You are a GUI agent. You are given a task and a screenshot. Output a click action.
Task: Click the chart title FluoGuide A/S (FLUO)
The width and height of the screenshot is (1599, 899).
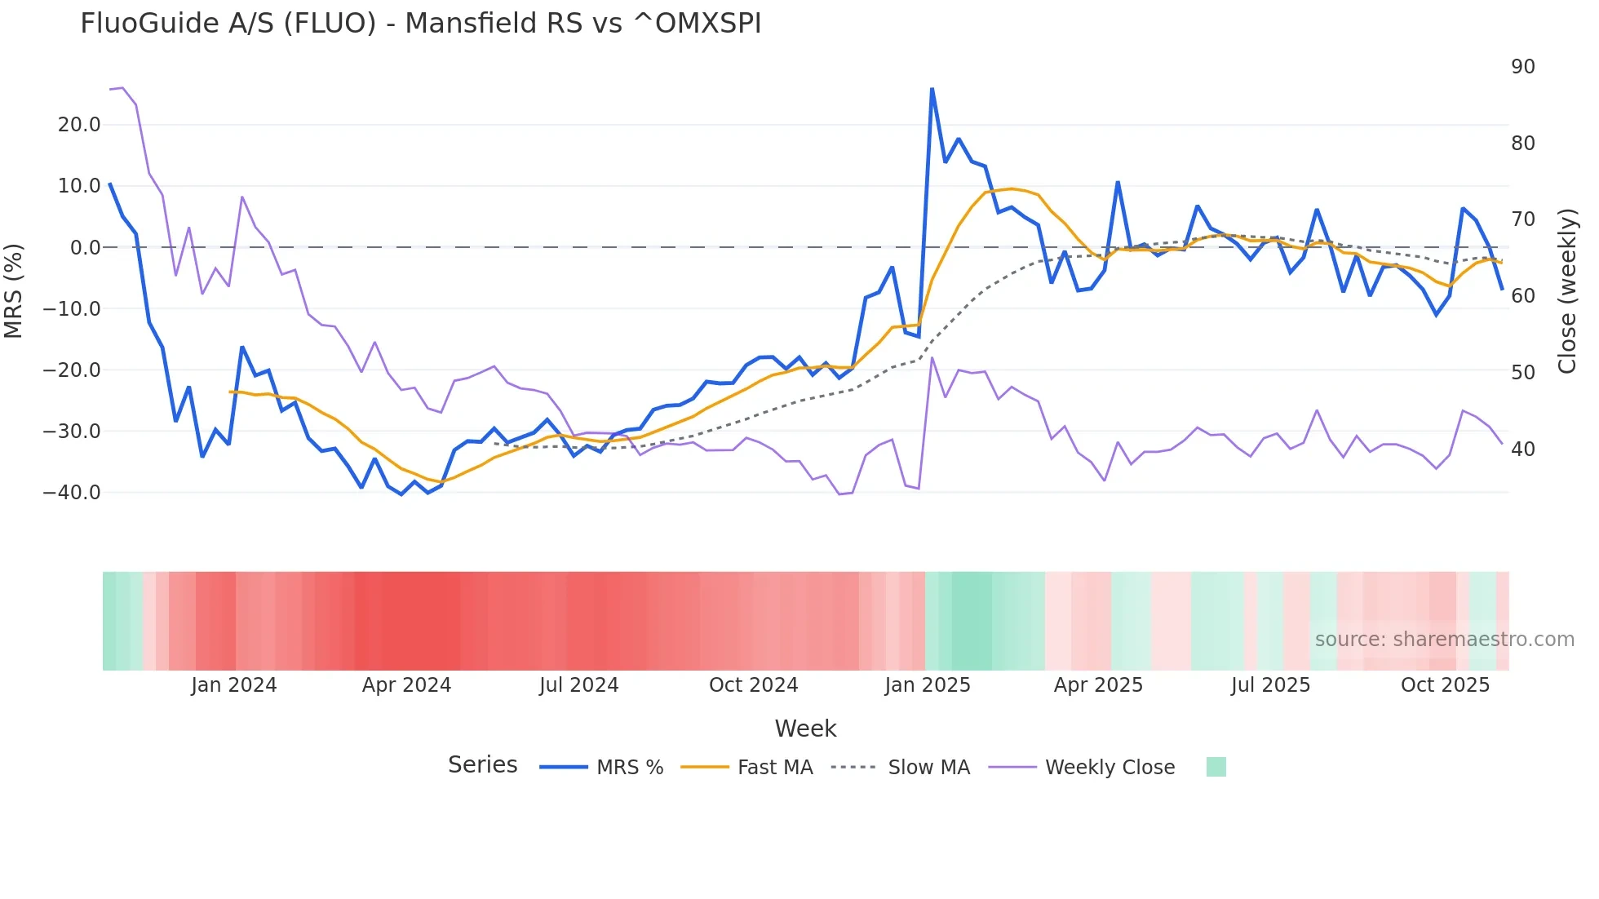click(x=420, y=24)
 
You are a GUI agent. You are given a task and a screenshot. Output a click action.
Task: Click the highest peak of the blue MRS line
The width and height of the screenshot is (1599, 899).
click(x=932, y=89)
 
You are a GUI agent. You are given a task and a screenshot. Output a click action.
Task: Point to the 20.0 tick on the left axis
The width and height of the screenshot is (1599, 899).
click(x=79, y=125)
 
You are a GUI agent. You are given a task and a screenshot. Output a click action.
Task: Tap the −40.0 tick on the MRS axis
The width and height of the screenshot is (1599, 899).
click(x=72, y=493)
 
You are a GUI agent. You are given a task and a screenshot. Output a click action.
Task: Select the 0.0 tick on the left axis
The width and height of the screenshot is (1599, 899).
click(x=85, y=248)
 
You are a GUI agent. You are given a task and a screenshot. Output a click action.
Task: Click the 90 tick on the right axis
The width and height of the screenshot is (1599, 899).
click(x=1523, y=67)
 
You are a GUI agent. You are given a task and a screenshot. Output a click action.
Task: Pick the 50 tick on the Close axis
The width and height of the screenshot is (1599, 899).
click(x=1523, y=373)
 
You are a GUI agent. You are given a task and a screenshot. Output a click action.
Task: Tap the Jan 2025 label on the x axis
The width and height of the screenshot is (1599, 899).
click(x=928, y=685)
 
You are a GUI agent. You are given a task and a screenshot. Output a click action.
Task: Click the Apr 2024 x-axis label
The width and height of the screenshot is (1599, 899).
click(x=406, y=685)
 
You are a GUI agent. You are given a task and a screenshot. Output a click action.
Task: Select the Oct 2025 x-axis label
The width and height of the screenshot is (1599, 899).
click(x=1445, y=685)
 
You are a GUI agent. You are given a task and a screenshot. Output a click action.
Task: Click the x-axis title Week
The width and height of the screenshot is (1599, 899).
click(x=805, y=728)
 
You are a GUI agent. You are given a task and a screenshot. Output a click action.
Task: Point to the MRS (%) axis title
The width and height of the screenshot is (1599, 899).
click(x=14, y=291)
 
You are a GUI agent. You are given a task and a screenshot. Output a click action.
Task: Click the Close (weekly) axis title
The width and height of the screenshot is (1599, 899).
click(x=1566, y=291)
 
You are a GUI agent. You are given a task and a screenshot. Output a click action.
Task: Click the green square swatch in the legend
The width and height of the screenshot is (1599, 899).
click(x=1216, y=767)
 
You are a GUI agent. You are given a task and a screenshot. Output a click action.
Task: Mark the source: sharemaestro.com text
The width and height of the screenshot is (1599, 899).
click(x=1444, y=640)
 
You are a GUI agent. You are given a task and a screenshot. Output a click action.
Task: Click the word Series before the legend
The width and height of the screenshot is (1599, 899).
click(x=482, y=765)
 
